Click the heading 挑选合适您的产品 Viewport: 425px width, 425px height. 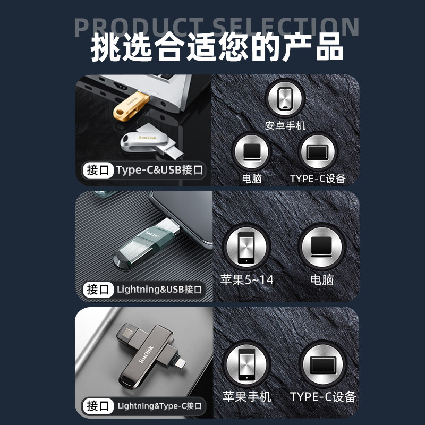tap(217, 48)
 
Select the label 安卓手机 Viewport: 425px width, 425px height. tap(285, 126)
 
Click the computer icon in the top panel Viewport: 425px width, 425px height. tap(252, 152)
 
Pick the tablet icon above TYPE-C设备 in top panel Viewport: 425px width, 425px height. tap(318, 152)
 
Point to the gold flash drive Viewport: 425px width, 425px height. tap(130, 105)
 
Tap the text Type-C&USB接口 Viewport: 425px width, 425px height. tap(160, 170)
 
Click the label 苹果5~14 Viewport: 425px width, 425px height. tap(247, 279)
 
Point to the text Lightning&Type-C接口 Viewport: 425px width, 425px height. tap(159, 406)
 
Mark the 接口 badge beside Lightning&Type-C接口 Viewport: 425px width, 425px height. tap(98, 406)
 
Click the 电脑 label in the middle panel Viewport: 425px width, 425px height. tap(322, 279)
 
